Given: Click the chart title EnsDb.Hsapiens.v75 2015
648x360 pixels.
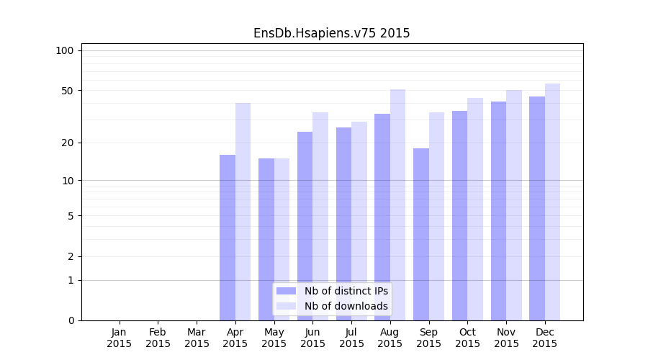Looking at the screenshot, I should (x=331, y=33).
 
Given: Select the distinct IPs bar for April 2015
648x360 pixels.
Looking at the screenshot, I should (x=228, y=238).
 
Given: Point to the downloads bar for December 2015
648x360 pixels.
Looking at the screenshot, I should (x=552, y=202).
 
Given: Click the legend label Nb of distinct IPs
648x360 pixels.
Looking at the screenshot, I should (x=346, y=291).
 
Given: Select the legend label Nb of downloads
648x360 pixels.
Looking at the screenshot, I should (x=346, y=306).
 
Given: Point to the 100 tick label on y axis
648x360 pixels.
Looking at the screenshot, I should (x=65, y=50).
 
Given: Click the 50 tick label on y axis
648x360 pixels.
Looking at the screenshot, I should (x=68, y=91).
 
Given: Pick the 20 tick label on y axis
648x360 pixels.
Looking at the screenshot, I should (x=68, y=143).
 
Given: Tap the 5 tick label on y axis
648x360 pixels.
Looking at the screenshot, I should (x=71, y=215).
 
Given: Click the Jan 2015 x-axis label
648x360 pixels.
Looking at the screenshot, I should (x=120, y=338).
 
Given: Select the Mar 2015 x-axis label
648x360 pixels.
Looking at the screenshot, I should (x=197, y=338).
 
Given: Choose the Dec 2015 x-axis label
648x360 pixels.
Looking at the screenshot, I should (x=544, y=338).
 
